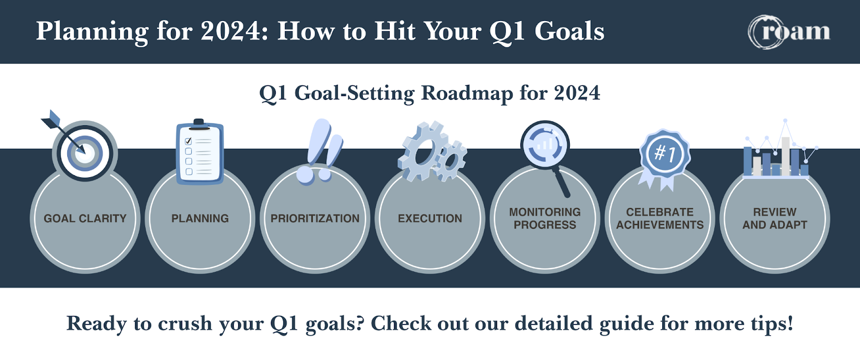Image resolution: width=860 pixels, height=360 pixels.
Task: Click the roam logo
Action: click(x=790, y=32)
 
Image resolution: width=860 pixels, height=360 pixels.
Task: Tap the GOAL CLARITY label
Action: click(x=85, y=218)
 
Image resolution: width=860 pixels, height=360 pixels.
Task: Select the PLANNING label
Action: click(x=200, y=218)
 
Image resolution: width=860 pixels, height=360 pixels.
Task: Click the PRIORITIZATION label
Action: click(x=315, y=218)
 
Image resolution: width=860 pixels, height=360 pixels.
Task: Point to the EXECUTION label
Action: click(x=430, y=218)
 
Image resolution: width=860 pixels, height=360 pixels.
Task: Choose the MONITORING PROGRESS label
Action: click(x=545, y=218)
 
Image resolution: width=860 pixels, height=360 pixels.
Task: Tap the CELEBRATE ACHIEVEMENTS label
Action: click(x=660, y=218)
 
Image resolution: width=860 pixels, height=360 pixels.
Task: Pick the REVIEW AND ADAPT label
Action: click(x=775, y=218)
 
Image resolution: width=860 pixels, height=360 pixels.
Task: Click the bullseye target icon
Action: click(x=85, y=153)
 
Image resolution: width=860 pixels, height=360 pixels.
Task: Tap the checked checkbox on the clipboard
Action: click(x=188, y=141)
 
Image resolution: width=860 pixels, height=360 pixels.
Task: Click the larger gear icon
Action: click(x=422, y=151)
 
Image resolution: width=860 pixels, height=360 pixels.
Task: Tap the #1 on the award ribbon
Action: click(x=664, y=154)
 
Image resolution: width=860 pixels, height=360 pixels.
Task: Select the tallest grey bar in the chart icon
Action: click(x=785, y=156)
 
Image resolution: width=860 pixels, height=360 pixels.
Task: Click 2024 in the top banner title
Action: click(x=231, y=31)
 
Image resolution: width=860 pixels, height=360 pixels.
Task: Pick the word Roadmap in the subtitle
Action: click(x=467, y=93)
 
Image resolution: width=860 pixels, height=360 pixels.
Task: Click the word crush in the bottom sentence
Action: click(x=185, y=323)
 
